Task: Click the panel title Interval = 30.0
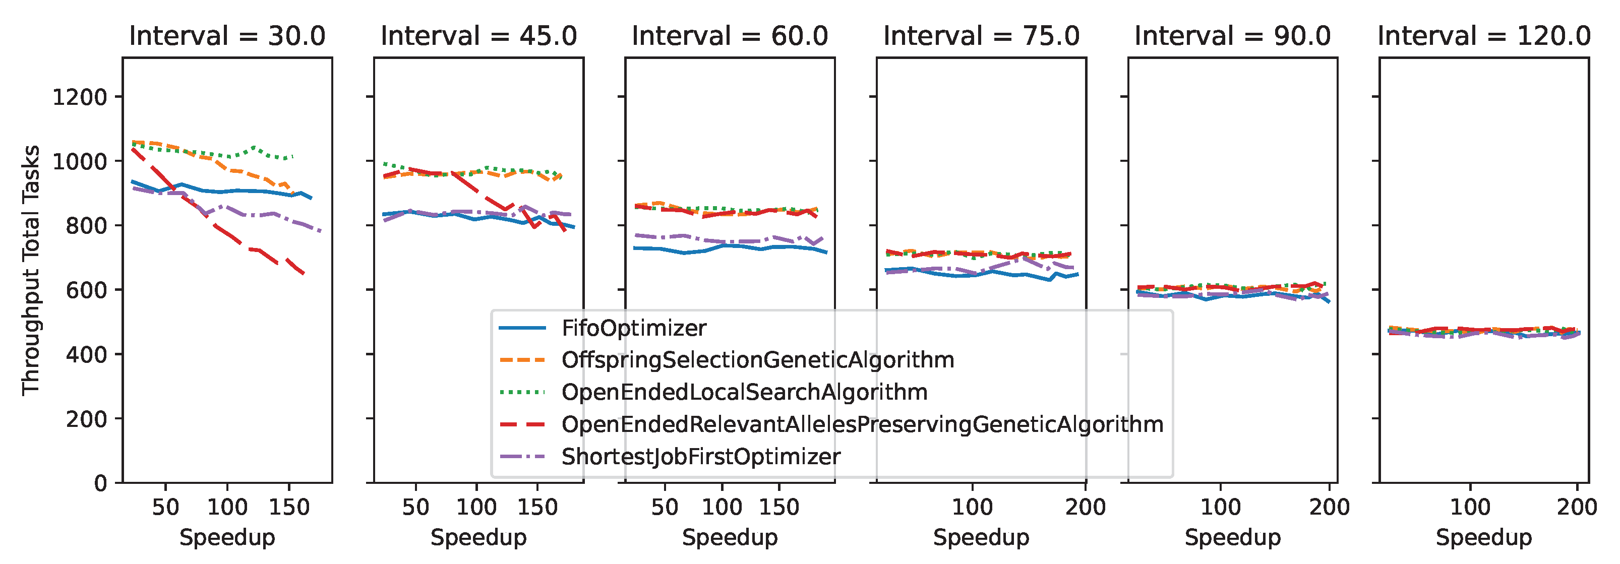[227, 36]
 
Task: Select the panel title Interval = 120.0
[1483, 36]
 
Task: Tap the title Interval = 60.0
[730, 36]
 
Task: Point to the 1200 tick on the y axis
[80, 97]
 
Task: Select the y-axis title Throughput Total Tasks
[31, 270]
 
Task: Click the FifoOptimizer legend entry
[633, 328]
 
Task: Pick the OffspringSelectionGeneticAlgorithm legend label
[757, 360]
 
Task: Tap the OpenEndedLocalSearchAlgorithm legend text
[744, 392]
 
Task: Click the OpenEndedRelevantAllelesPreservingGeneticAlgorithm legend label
[862, 424]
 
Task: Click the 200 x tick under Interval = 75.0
[1085, 507]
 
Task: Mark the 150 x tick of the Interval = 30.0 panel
[289, 507]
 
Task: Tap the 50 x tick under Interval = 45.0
[415, 507]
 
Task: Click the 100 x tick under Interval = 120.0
[1470, 507]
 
